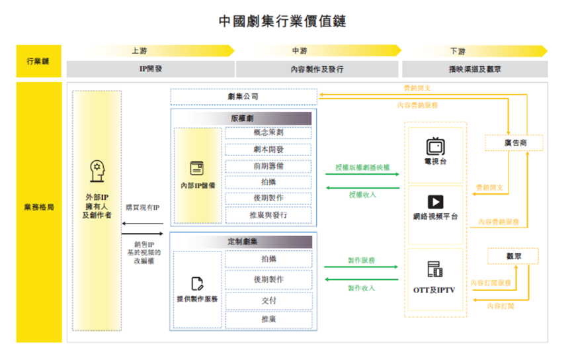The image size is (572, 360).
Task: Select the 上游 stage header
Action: click(139, 51)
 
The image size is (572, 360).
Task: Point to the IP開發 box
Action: click(149, 68)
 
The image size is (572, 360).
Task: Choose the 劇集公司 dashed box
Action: click(243, 97)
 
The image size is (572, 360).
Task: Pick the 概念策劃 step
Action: click(268, 132)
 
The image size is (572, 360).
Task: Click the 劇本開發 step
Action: click(268, 150)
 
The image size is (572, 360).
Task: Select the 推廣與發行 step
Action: click(268, 214)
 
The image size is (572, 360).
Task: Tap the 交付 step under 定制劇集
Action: click(268, 300)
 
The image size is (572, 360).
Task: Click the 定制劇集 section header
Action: click(243, 242)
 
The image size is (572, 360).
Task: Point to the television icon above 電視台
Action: click(435, 146)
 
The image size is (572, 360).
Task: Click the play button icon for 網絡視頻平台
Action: click(435, 202)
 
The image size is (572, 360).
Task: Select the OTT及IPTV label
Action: click(434, 289)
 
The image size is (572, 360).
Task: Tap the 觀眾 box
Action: click(513, 255)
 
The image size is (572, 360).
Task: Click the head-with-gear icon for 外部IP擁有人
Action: click(97, 171)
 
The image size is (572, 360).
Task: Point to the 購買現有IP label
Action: click(143, 208)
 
